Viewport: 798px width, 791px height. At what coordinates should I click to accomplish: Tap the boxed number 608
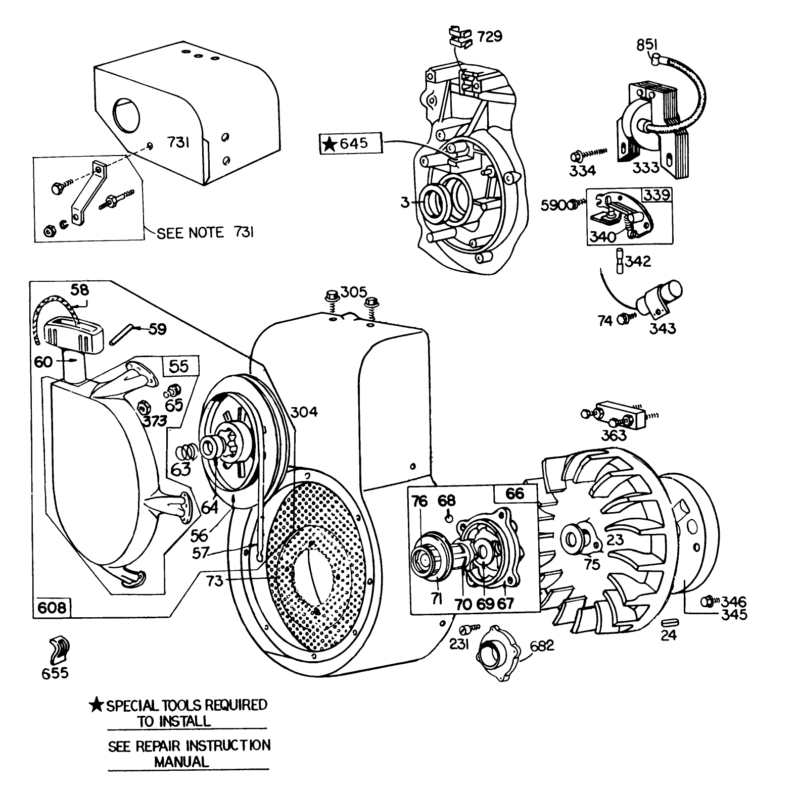click(53, 607)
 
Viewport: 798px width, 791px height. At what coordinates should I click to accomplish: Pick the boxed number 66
click(515, 493)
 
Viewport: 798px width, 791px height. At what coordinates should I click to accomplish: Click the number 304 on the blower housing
click(304, 412)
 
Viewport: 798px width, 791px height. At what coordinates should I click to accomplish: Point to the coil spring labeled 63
click(188, 450)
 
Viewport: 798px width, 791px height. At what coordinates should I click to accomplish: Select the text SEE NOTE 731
click(205, 232)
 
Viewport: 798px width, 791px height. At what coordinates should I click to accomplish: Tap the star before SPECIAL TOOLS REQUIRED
click(96, 705)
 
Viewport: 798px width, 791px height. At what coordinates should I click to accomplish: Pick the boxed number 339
click(656, 195)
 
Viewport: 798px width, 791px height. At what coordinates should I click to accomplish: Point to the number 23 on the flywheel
click(615, 540)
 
